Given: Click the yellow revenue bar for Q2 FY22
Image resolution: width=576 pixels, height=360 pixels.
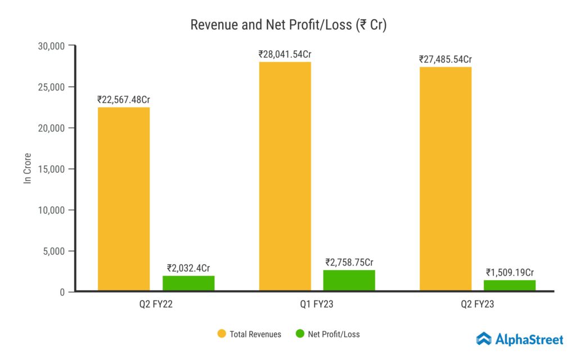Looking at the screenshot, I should coord(124,199).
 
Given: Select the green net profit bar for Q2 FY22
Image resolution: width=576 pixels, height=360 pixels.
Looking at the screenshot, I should coord(188,283).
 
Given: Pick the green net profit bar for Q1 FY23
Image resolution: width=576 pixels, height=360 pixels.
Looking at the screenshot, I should coord(349,280).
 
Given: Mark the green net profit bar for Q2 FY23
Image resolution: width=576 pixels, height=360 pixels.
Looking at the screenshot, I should coord(510,285).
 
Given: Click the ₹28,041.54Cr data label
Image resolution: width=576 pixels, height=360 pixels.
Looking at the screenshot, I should coord(285,55).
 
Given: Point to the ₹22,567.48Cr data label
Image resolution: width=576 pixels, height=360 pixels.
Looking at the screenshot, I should coord(124,100).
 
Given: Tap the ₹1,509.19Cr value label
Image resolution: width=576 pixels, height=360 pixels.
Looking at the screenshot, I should coord(510,273).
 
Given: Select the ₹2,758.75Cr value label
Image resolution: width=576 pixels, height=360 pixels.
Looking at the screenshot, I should coord(349,262).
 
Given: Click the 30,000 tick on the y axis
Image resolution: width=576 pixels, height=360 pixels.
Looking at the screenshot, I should coord(51,46).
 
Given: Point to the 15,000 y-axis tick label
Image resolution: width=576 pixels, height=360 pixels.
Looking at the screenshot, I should coord(51,169).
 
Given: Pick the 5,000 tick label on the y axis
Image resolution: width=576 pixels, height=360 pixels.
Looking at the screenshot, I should coord(53,251).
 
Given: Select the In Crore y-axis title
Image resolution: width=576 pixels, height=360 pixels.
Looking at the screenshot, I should coord(26,168).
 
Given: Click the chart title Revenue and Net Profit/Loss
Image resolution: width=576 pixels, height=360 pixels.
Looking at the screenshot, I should coord(288,25).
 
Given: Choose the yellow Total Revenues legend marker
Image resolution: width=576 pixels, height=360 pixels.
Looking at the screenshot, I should coord(222,334).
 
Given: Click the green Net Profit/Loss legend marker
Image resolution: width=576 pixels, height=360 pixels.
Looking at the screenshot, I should coord(300,334).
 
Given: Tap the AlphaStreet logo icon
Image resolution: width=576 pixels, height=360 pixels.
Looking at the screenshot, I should coord(484,339).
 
